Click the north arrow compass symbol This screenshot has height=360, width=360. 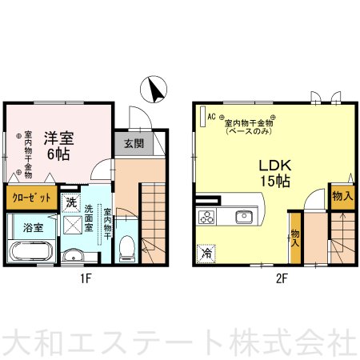tap(154, 90)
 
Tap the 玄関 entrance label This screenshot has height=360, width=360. tap(134, 144)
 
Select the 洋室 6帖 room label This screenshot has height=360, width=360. tap(58, 146)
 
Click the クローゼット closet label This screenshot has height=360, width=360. tap(32, 198)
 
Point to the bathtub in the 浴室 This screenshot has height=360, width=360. tap(31, 251)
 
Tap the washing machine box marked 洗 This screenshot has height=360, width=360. tap(71, 203)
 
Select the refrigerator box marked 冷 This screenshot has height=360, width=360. tap(206, 254)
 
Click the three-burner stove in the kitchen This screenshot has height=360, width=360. tap(206, 217)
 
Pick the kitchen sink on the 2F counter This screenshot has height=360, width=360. tap(244, 217)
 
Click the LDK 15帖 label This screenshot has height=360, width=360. tap(275, 174)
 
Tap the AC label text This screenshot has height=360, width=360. tap(211, 117)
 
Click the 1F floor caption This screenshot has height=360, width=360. tap(86, 279)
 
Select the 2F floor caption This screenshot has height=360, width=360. tap(282, 279)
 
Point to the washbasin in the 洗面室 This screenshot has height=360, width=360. tap(73, 256)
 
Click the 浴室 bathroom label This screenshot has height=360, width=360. tap(33, 228)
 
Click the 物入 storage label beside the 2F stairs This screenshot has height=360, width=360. tap(342, 197)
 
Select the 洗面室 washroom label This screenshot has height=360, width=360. tap(88, 218)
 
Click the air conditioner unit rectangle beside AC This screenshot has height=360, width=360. tap(203, 116)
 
